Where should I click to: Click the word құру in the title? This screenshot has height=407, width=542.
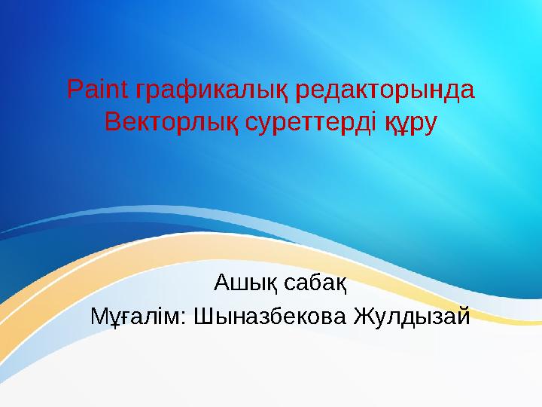tap(410, 122)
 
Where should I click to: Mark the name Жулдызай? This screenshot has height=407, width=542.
tap(407, 315)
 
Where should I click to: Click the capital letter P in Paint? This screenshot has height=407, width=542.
tap(74, 90)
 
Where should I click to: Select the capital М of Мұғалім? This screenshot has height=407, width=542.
tap(98, 315)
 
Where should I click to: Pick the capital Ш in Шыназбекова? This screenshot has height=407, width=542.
tap(203, 315)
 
